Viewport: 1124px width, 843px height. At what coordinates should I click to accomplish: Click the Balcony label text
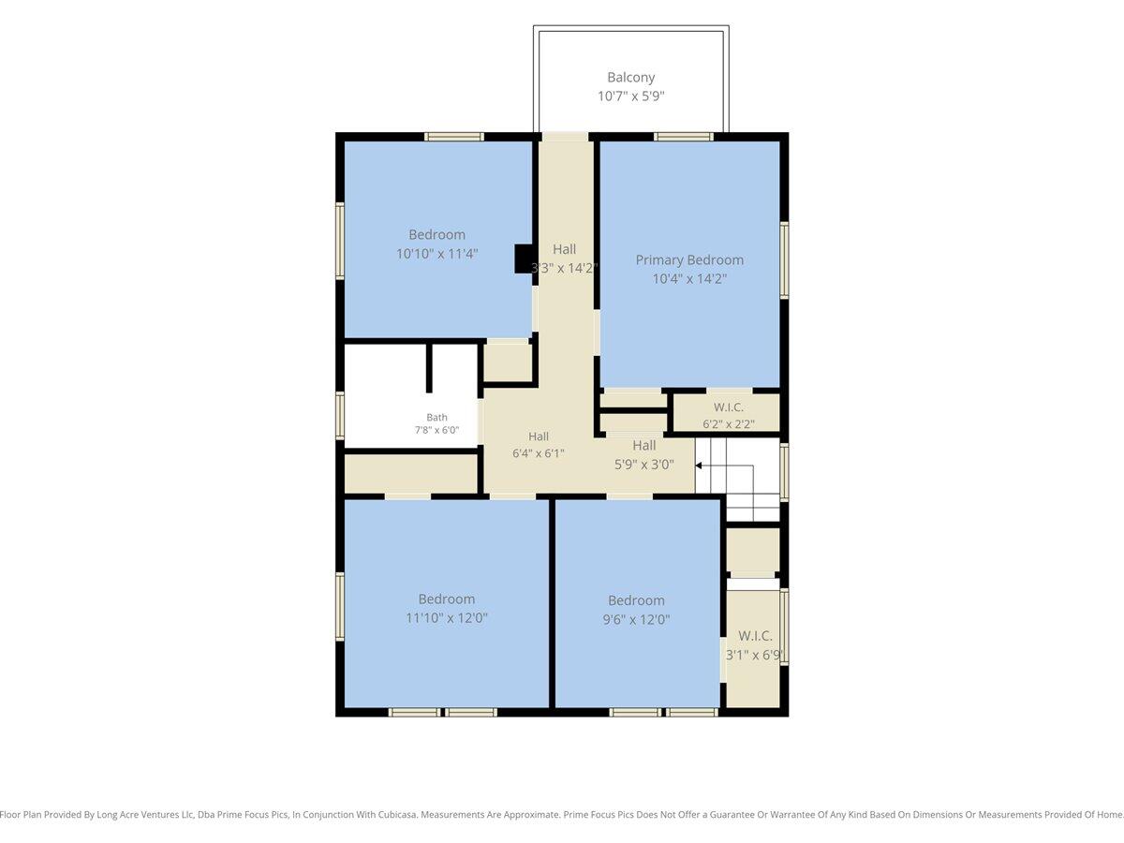pos(631,78)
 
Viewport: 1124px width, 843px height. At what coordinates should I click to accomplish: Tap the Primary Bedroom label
pos(689,260)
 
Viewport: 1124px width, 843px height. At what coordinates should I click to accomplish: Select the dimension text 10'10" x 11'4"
pos(436,253)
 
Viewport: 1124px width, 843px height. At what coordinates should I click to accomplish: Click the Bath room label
pos(436,417)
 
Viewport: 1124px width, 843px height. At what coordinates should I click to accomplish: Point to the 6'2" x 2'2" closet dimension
pos(729,424)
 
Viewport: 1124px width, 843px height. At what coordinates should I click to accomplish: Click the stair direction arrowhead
pos(699,466)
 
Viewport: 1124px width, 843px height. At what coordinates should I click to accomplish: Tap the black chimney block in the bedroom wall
pos(524,259)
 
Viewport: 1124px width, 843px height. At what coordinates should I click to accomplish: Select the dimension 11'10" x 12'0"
pos(447,618)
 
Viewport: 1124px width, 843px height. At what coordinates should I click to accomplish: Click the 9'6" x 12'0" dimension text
pos(637,619)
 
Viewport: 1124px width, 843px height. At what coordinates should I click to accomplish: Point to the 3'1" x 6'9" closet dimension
pos(754,655)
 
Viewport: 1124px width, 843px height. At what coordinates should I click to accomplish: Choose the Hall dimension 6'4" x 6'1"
pos(539,453)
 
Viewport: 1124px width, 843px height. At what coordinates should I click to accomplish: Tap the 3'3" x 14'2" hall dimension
pos(564,268)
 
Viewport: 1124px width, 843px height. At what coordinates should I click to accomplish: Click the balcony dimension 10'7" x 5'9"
pos(631,96)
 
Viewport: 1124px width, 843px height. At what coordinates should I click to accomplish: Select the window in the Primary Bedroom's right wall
pos(784,260)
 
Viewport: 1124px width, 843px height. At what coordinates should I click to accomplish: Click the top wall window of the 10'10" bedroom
pos(454,137)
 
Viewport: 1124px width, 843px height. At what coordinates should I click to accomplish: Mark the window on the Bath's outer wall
pos(340,415)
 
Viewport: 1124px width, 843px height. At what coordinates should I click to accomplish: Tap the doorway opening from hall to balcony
pos(566,137)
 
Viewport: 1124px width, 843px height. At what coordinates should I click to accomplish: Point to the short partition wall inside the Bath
pos(429,368)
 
